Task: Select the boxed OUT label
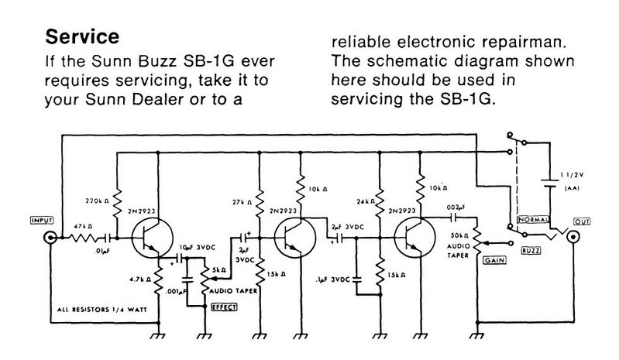click(581, 221)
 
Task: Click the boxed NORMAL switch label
click(534, 221)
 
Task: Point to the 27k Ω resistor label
click(239, 204)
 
